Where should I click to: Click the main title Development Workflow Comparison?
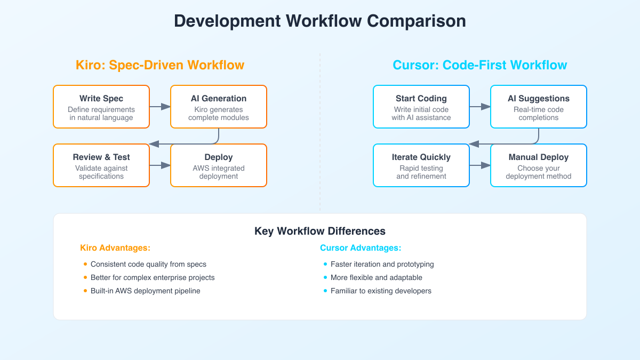[x=320, y=21]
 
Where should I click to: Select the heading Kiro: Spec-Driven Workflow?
[x=160, y=65]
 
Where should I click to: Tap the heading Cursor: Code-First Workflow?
[x=480, y=65]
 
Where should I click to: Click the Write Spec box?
[x=101, y=107]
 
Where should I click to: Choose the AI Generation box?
[x=219, y=107]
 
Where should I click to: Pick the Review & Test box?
[x=101, y=165]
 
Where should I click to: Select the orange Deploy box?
[x=219, y=165]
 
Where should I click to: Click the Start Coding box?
[x=421, y=107]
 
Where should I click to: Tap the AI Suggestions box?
[x=539, y=107]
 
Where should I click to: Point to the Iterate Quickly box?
[x=421, y=165]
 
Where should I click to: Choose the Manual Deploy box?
[x=539, y=165]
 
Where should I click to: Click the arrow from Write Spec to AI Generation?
[x=160, y=107]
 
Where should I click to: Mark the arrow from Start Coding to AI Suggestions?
[x=480, y=107]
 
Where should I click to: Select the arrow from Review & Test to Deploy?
[x=160, y=165]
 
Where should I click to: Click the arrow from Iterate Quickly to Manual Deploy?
[x=480, y=165]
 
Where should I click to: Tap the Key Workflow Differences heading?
[x=320, y=231]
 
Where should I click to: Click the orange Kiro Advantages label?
[x=115, y=248]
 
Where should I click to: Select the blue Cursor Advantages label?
[x=361, y=248]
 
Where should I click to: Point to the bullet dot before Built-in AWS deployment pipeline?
[x=85, y=291]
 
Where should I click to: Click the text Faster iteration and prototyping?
[x=382, y=264]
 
